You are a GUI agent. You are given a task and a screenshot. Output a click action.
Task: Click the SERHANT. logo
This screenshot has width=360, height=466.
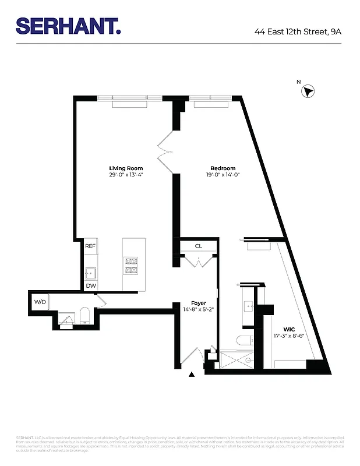click(x=68, y=26)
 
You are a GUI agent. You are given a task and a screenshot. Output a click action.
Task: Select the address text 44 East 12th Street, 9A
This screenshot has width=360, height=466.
click(x=298, y=31)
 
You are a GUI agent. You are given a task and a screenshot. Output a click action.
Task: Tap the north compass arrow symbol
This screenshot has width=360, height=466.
click(x=309, y=91)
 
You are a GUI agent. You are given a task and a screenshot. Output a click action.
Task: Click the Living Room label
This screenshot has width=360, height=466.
click(x=126, y=168)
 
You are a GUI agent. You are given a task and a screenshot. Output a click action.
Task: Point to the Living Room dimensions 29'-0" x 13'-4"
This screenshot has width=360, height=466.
click(x=126, y=175)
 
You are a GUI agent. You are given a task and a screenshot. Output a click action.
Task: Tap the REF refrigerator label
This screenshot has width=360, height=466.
click(x=90, y=246)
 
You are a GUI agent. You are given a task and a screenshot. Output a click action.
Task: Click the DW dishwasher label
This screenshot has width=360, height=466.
click(x=90, y=285)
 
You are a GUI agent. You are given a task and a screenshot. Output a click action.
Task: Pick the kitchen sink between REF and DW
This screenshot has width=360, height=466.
click(x=90, y=272)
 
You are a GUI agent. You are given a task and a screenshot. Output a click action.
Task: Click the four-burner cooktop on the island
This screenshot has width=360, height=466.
click(x=130, y=266)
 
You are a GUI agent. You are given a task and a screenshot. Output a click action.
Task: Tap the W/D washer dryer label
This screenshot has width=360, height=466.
click(x=40, y=302)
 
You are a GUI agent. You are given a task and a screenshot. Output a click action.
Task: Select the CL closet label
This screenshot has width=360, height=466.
click(x=198, y=246)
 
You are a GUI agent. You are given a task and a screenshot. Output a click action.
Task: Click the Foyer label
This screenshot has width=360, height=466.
click(x=199, y=303)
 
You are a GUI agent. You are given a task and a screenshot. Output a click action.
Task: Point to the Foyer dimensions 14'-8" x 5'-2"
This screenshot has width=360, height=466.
click(x=199, y=310)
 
